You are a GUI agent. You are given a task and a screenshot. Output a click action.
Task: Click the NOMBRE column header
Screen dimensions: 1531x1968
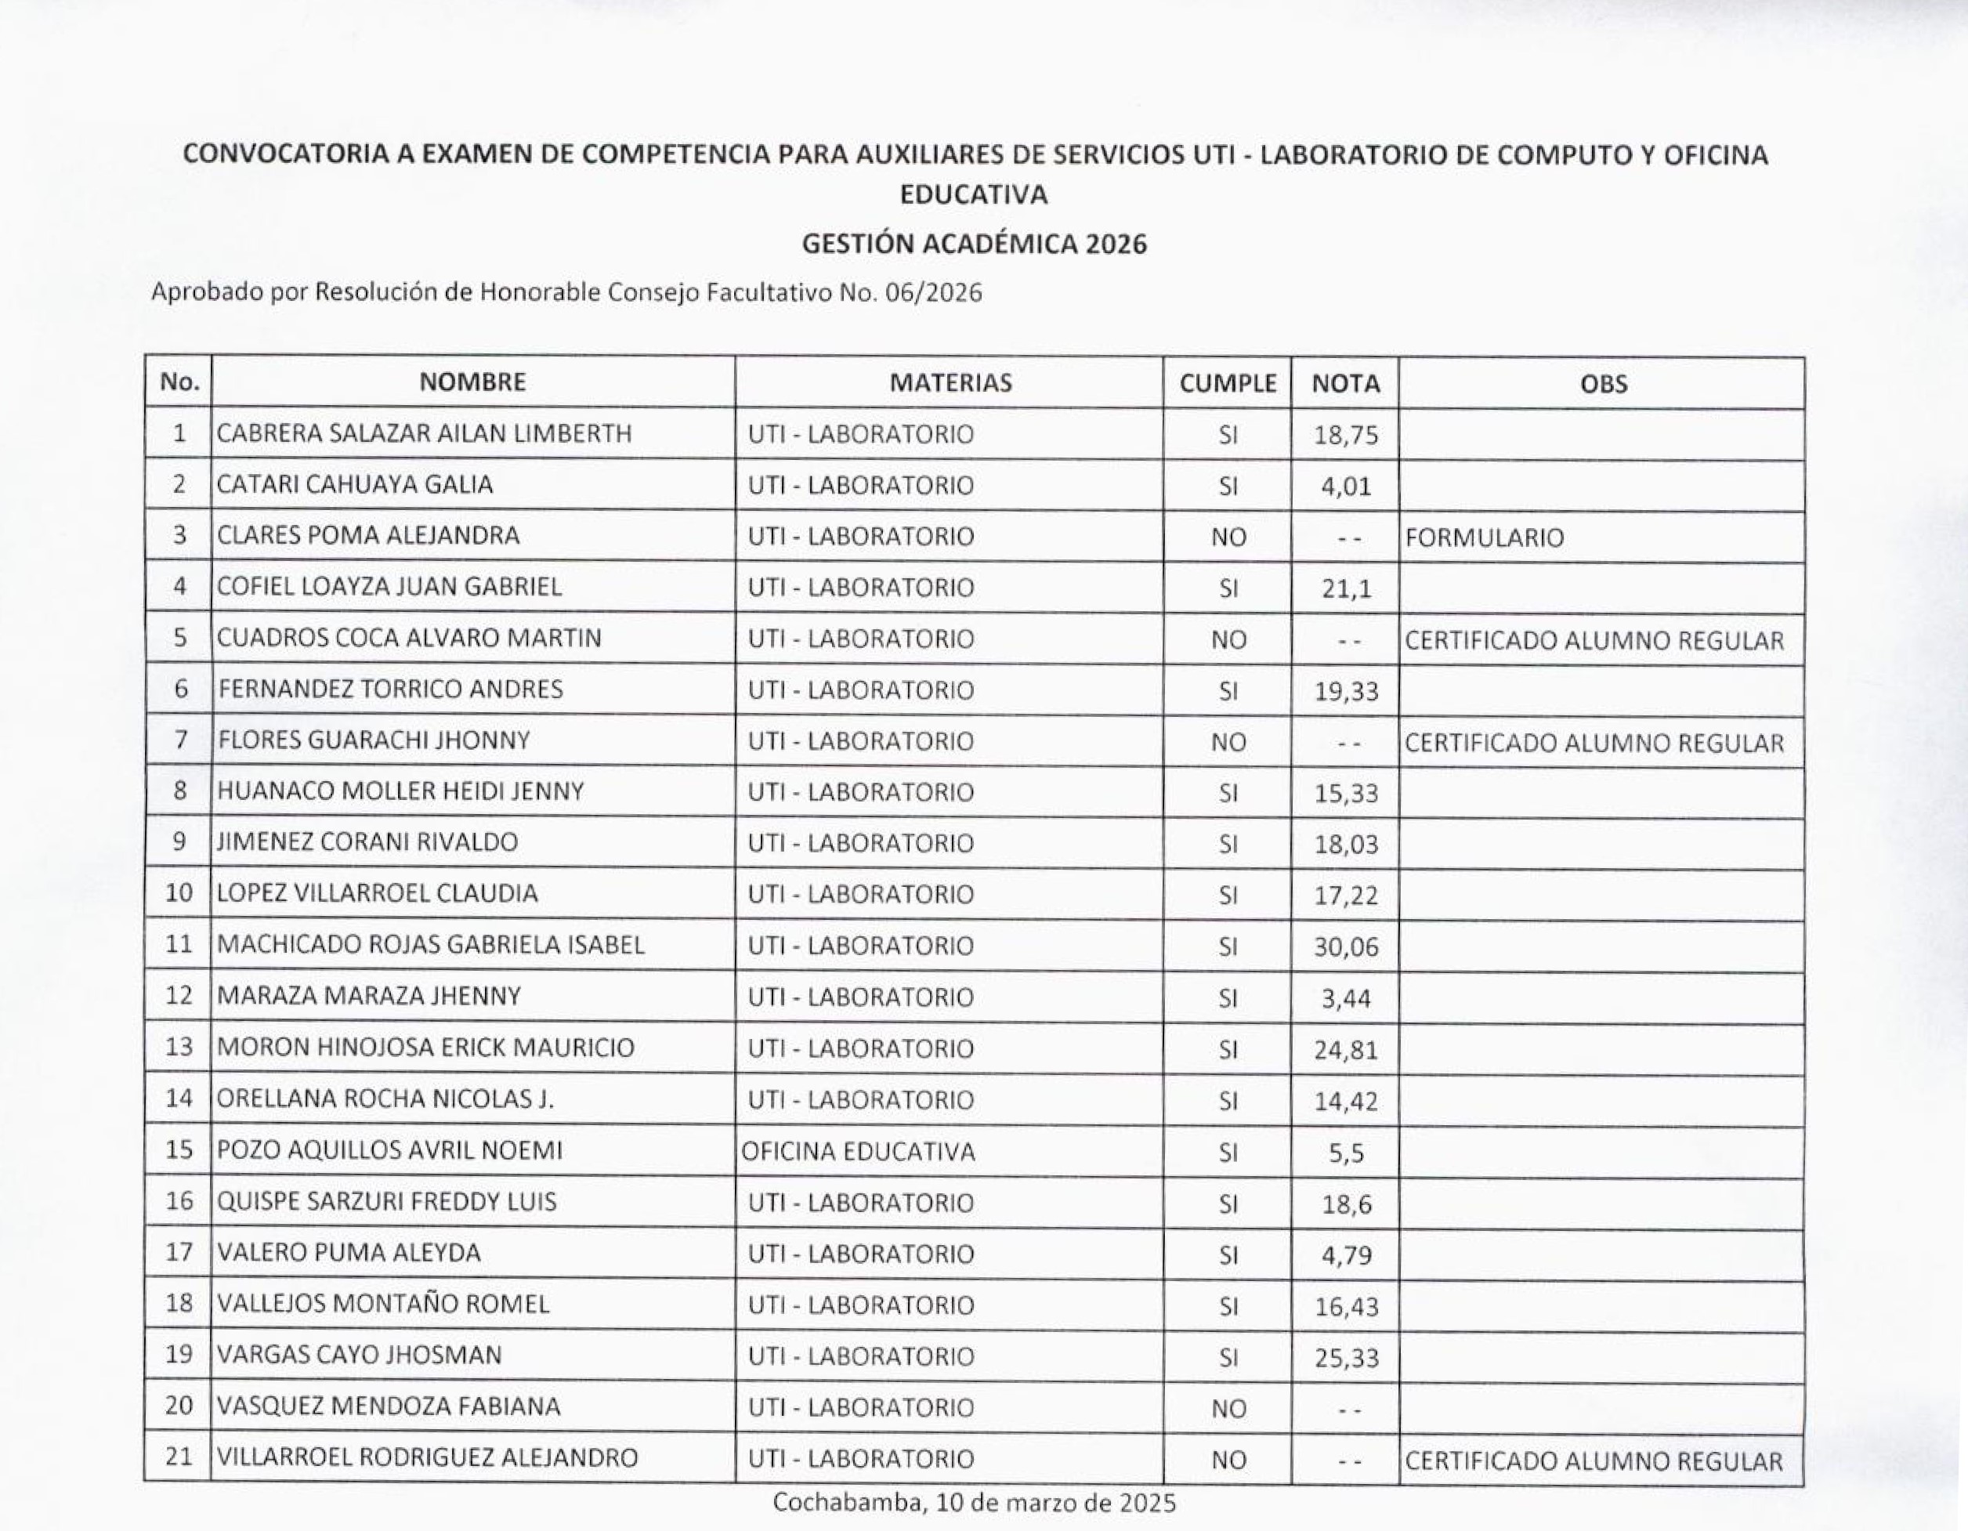coord(472,382)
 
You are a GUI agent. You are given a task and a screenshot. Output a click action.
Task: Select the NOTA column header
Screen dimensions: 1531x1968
coord(1345,384)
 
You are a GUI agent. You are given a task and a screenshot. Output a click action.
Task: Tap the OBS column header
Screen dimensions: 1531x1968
coord(1603,385)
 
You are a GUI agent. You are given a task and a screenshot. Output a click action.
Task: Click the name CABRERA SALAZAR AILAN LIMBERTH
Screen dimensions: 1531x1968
coord(425,433)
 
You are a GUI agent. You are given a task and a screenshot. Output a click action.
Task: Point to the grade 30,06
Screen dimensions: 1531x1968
coord(1345,946)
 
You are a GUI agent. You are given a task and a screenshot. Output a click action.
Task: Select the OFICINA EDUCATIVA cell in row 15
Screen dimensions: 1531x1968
coord(858,1152)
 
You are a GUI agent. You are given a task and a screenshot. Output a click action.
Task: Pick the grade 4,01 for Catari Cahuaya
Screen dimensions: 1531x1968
coord(1345,487)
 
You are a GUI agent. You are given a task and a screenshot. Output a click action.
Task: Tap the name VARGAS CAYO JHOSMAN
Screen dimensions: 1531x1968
coord(360,1355)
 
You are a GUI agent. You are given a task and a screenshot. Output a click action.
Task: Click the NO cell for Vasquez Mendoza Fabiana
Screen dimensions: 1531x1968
coord(1228,1410)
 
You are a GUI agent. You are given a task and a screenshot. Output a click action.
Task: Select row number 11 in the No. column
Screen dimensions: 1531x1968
coord(179,944)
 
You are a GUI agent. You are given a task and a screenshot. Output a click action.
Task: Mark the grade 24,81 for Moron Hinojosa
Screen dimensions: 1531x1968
coord(1345,1050)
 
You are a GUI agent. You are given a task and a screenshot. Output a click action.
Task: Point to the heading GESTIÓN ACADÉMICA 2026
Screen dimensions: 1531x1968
coord(974,244)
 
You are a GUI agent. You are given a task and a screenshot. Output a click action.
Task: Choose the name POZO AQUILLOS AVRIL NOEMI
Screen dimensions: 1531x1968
coord(389,1151)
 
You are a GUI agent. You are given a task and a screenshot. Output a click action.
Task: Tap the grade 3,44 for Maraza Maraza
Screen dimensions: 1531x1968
coord(1345,998)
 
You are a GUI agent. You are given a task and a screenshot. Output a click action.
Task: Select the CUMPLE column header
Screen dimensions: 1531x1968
coord(1228,384)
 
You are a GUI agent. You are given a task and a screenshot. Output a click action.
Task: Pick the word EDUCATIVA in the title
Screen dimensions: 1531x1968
coord(974,194)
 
